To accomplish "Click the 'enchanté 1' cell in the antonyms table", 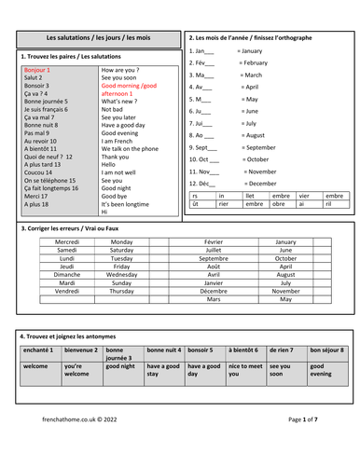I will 39,350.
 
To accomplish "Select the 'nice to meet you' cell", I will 245,372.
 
